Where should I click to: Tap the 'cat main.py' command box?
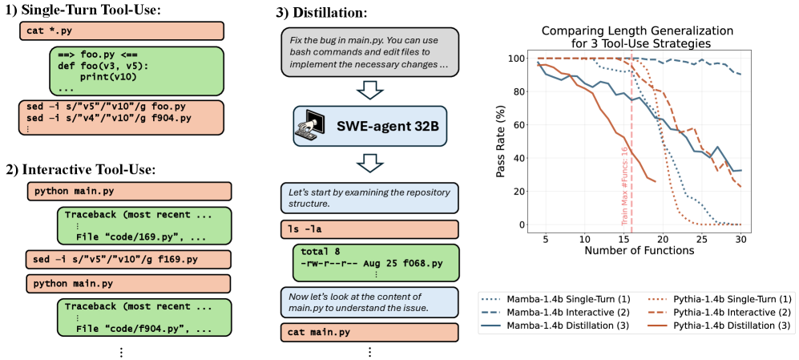(x=369, y=331)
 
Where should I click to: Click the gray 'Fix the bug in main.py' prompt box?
(x=369, y=53)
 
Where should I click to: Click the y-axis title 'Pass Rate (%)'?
(x=500, y=141)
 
